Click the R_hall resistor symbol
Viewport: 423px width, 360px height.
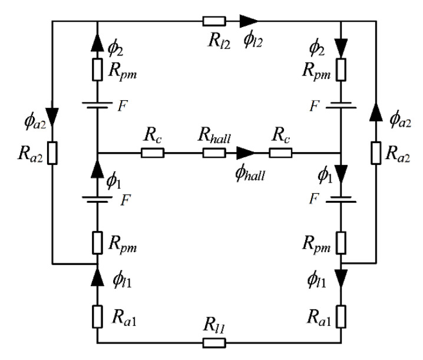(214, 153)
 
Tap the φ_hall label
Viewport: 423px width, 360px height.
(247, 173)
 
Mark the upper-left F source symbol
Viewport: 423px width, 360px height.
(97, 105)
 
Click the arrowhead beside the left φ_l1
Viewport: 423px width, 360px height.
(97, 275)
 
